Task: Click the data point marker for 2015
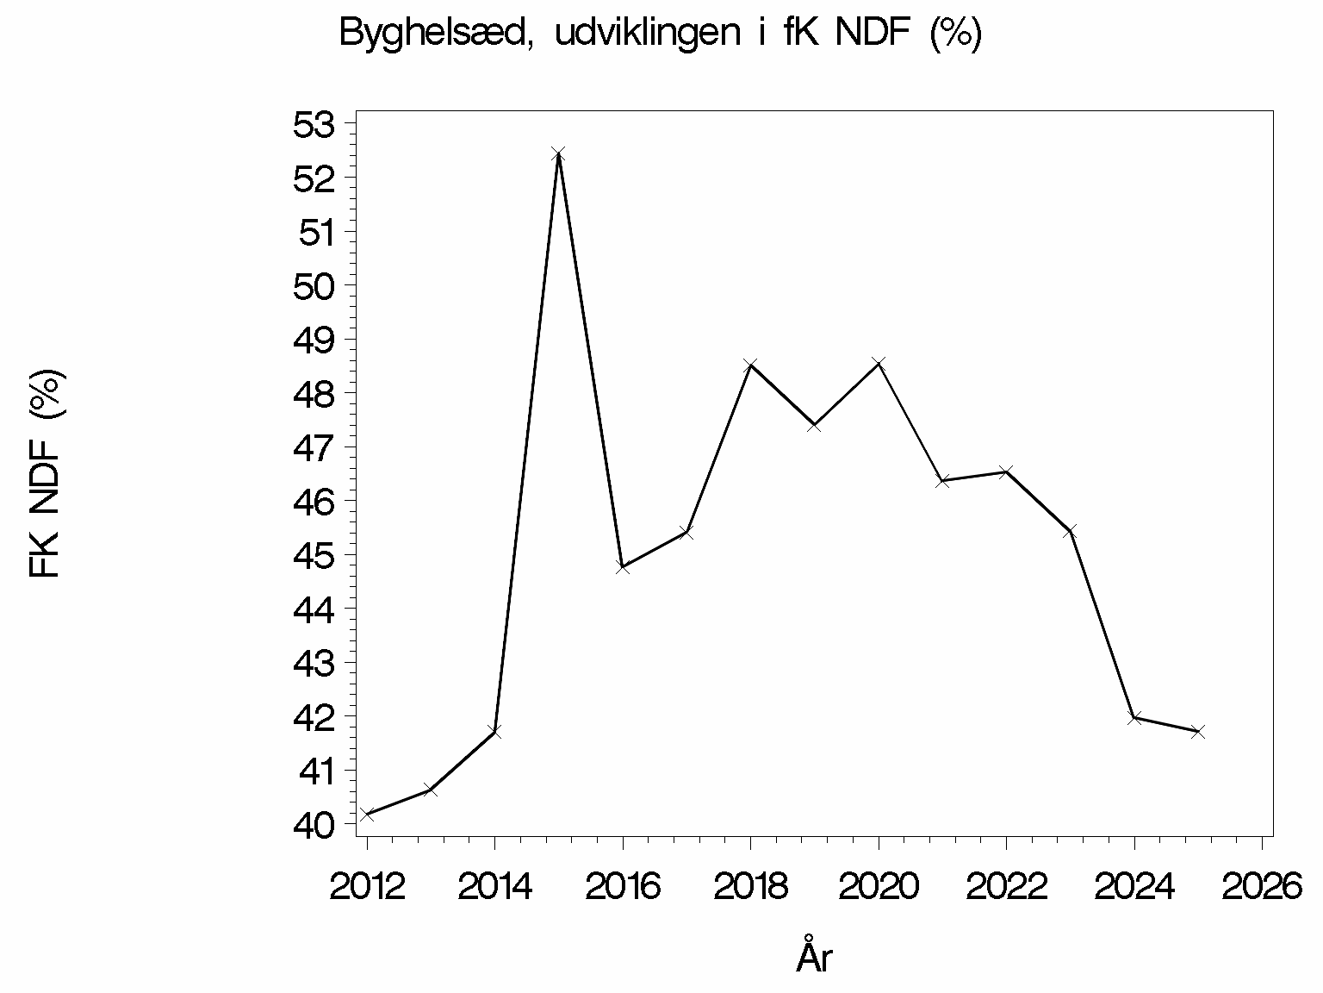click(558, 154)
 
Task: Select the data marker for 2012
click(367, 814)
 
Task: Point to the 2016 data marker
click(623, 567)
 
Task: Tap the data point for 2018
click(750, 365)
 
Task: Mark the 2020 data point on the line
click(879, 363)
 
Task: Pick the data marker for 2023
click(1070, 531)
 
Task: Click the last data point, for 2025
click(1197, 732)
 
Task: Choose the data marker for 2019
click(814, 425)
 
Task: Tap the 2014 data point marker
click(494, 731)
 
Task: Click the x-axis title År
click(814, 957)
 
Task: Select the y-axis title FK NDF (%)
click(46, 474)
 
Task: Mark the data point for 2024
click(1134, 717)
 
